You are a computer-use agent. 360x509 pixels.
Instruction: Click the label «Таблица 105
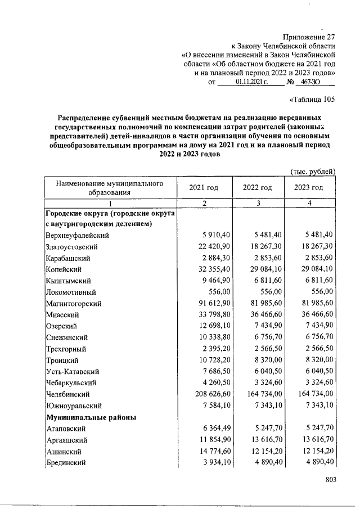pyautogui.click(x=312, y=100)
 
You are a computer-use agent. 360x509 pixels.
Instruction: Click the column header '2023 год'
pyautogui.click(x=309, y=187)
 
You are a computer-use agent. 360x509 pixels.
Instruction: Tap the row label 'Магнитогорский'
pyautogui.click(x=73, y=304)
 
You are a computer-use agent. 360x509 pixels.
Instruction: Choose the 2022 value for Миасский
pyautogui.click(x=260, y=315)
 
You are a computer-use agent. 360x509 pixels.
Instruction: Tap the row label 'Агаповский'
pyautogui.click(x=65, y=429)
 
